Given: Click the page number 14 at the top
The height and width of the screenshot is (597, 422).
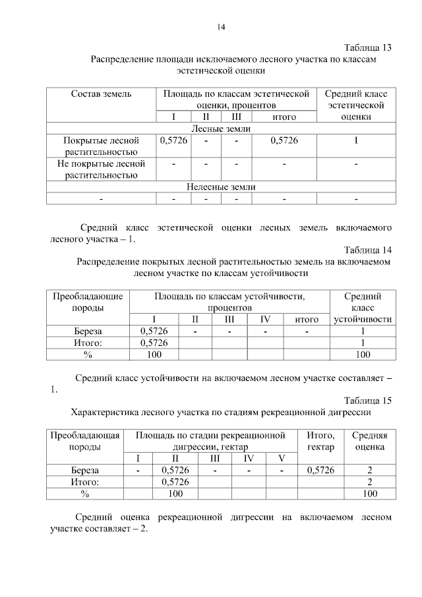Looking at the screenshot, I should click(x=222, y=27).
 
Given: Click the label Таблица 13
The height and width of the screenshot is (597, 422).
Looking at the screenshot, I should click(x=368, y=47).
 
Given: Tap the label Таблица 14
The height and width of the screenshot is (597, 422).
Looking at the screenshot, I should click(x=368, y=250).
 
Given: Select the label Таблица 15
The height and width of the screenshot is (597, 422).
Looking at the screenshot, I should click(x=368, y=401).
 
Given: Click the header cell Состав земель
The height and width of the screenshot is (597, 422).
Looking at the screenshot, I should click(x=101, y=94).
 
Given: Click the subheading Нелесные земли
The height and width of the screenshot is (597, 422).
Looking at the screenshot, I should click(x=220, y=186).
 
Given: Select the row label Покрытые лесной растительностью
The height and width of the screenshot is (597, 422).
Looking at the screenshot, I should click(x=101, y=146).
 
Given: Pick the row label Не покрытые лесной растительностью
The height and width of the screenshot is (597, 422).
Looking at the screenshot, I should click(x=101, y=169).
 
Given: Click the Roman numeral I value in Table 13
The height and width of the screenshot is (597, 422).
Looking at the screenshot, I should click(x=356, y=140).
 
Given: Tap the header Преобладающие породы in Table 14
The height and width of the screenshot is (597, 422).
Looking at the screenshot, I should click(x=88, y=302).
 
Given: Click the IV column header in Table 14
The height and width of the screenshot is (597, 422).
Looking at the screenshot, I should click(x=265, y=320).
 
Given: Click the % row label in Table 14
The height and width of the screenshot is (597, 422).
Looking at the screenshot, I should click(x=88, y=355).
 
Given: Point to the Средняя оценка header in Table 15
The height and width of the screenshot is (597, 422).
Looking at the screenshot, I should click(x=370, y=441).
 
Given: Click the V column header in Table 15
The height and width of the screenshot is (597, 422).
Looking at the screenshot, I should click(x=281, y=459).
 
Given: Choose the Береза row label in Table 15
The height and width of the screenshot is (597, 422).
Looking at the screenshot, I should click(x=85, y=470).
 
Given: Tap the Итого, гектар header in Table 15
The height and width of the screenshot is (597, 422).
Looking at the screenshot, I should click(x=320, y=441).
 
